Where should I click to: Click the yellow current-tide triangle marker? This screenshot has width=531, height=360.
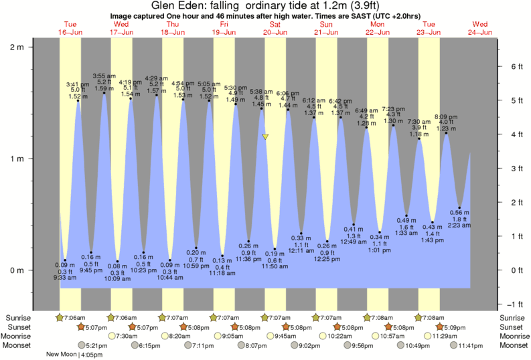point(266,137)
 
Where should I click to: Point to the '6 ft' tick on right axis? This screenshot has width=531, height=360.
point(516,67)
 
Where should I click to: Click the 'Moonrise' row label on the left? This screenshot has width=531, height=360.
point(19,336)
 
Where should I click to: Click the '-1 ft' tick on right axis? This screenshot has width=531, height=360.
point(516,304)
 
